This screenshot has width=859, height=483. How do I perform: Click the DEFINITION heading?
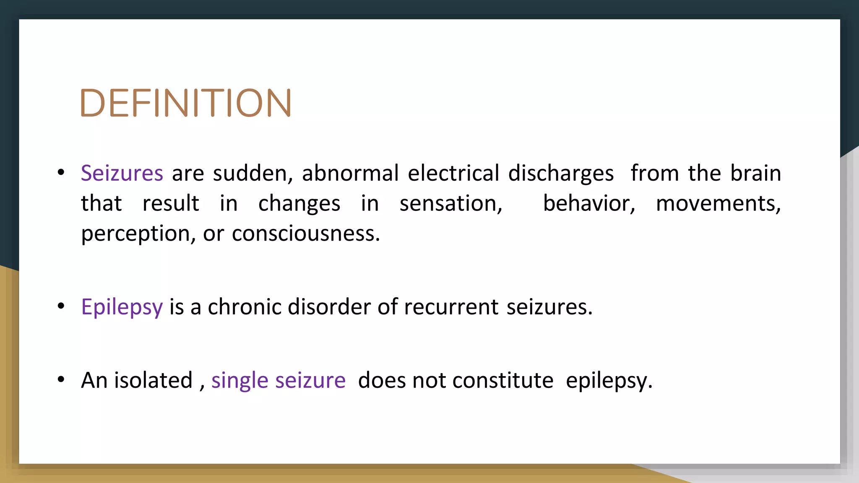click(185, 103)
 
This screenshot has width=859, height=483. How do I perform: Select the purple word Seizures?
click(122, 173)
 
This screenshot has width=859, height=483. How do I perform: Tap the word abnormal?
click(350, 173)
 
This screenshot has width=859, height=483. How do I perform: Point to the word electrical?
click(453, 173)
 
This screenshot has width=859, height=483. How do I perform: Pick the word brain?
click(755, 173)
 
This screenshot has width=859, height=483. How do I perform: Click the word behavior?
click(589, 204)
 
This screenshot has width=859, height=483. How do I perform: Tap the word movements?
click(718, 204)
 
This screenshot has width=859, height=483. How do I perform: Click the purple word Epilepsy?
click(122, 307)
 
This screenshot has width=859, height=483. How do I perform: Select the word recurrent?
click(451, 307)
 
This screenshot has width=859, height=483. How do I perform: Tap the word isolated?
click(153, 380)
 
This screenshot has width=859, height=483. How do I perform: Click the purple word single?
click(239, 381)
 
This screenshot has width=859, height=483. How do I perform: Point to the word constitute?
click(502, 380)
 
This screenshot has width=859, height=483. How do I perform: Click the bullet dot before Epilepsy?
click(61, 306)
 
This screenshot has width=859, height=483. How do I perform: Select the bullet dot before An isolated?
click(61, 380)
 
